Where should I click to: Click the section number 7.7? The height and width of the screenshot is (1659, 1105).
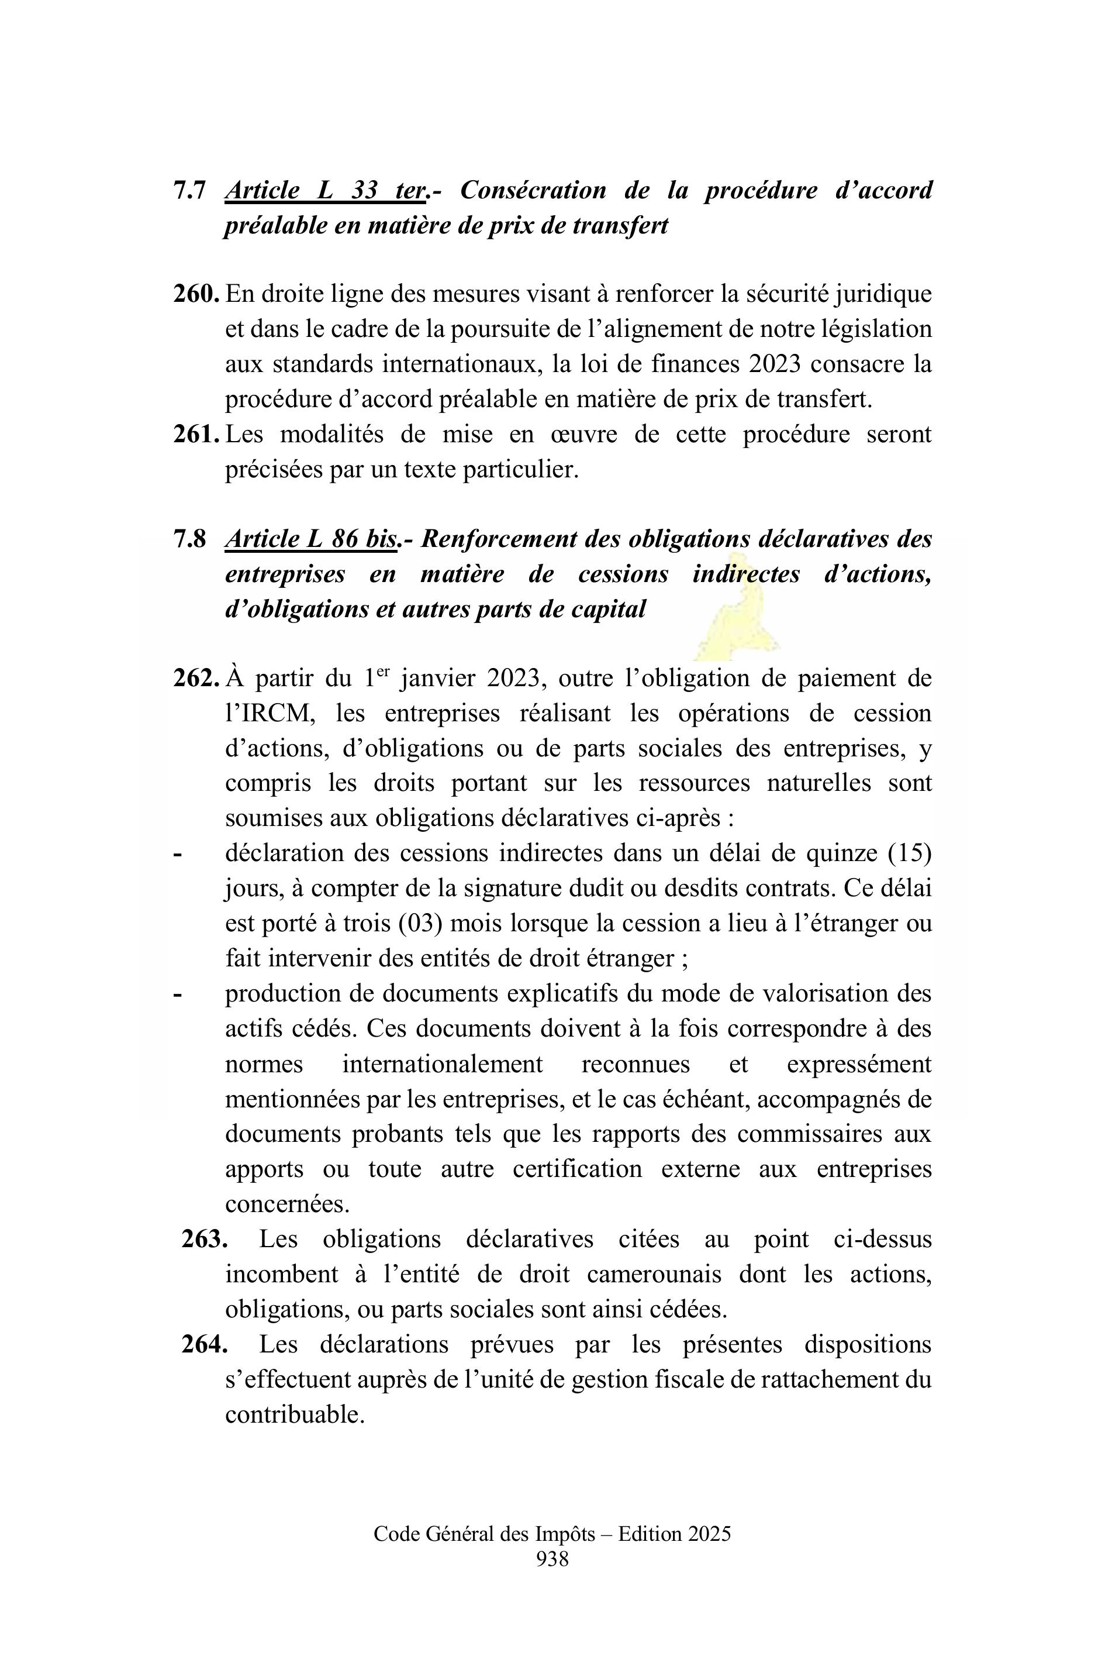pos(189,190)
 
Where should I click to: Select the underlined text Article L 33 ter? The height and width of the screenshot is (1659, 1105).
pos(326,190)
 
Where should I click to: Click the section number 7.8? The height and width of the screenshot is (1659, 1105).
pos(189,539)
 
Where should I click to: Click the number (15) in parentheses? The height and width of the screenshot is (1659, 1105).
pos(909,853)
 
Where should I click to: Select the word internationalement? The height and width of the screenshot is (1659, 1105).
pos(442,1064)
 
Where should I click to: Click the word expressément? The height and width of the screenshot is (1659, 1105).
pos(859,1064)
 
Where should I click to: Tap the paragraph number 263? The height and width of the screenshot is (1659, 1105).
pos(205,1239)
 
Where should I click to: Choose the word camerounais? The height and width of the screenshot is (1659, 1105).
pos(654,1274)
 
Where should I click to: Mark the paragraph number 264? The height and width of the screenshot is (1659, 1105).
pos(205,1344)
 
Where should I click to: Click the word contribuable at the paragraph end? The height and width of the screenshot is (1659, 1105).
pos(294,1414)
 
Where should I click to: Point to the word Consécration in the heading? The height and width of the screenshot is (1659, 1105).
pos(533,190)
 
